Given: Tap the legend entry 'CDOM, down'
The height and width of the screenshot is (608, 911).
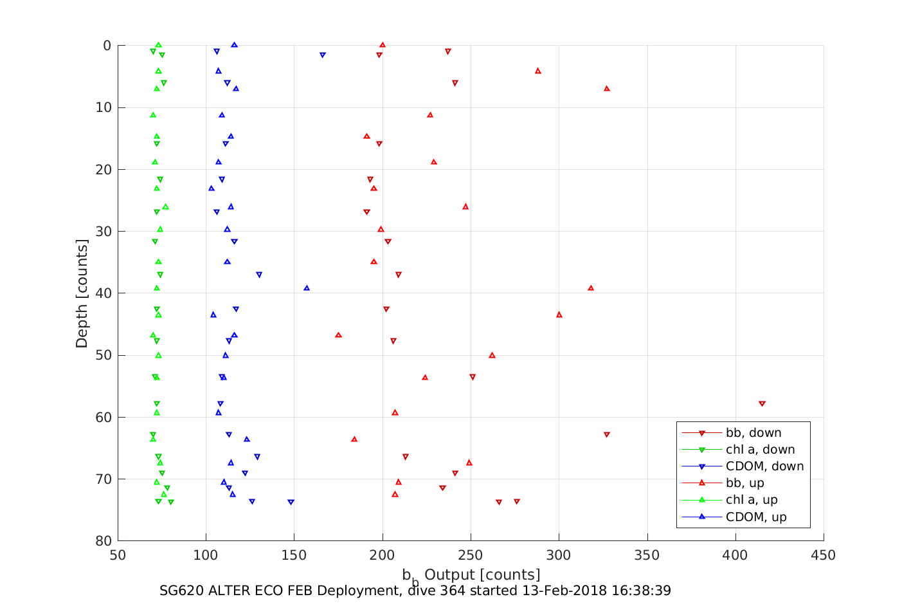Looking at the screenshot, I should click(x=764, y=466).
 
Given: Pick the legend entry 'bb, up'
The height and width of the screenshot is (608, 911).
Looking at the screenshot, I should click(x=744, y=483).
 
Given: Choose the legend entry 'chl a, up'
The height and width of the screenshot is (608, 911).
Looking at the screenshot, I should click(x=752, y=500).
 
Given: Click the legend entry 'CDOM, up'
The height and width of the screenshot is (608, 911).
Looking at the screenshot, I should click(x=756, y=517).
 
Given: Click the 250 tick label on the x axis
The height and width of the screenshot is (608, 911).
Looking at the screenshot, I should click(x=471, y=555).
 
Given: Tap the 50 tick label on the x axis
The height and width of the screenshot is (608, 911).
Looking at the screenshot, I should click(x=118, y=555).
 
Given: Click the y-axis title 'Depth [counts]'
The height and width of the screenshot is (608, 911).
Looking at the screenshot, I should click(x=82, y=293).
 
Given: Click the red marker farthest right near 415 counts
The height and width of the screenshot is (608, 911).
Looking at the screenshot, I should click(x=762, y=404).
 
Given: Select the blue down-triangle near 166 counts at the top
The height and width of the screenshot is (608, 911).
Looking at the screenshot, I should click(x=323, y=55).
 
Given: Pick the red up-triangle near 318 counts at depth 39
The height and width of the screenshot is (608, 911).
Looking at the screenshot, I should click(x=591, y=288).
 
